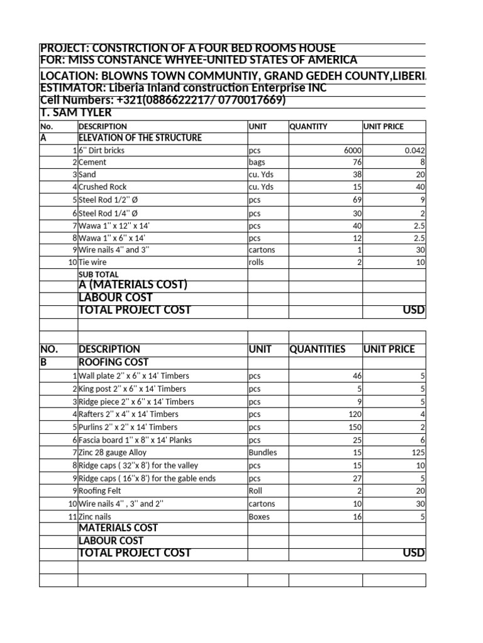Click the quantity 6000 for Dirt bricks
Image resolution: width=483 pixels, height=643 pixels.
tap(352, 150)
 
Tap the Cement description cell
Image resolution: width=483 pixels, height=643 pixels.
tap(93, 162)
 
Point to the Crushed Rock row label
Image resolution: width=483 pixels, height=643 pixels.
tap(103, 186)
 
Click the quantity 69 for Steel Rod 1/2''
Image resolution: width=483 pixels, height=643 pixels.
tap(357, 200)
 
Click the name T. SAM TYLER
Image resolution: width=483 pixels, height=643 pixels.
tap(75, 113)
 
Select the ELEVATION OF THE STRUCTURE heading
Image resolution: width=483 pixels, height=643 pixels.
tap(140, 138)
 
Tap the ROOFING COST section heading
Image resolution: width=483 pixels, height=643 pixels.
tap(113, 362)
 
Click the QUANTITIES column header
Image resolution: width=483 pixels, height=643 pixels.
tap(317, 349)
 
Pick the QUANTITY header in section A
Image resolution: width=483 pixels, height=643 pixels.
tap(308, 126)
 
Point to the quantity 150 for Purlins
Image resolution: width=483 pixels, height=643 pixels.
tap(355, 427)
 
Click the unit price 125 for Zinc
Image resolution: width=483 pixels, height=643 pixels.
tap(418, 452)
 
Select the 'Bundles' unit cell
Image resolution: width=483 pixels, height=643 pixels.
tap(263, 452)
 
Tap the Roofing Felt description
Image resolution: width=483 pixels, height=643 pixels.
tap(100, 491)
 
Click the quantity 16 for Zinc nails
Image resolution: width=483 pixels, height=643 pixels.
tap(357, 516)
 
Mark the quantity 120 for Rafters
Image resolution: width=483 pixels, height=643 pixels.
tap(355, 414)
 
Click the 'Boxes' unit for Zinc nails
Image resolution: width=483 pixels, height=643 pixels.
tap(259, 516)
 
